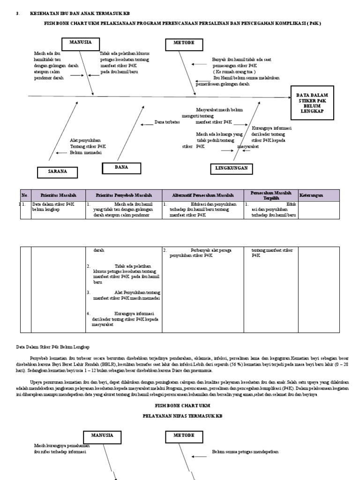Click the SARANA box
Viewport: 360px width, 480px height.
click(x=57, y=172)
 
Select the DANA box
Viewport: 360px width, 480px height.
click(x=122, y=168)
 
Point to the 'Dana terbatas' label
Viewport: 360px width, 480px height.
click(x=167, y=122)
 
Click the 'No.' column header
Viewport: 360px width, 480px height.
click(x=25, y=195)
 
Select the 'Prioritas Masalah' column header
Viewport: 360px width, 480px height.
click(x=58, y=195)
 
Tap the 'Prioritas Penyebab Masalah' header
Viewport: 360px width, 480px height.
click(x=124, y=195)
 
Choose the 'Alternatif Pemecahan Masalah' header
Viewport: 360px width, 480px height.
click(x=203, y=195)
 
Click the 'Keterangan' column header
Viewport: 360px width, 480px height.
click(x=312, y=195)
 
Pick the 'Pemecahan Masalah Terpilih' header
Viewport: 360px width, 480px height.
click(x=270, y=195)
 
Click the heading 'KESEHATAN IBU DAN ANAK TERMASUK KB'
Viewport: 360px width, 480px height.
click(x=80, y=14)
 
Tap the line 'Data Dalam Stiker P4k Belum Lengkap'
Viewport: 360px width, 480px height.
click(x=52, y=347)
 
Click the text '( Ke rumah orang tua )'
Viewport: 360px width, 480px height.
click(x=234, y=72)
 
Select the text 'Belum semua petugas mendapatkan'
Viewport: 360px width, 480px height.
click(x=245, y=452)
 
